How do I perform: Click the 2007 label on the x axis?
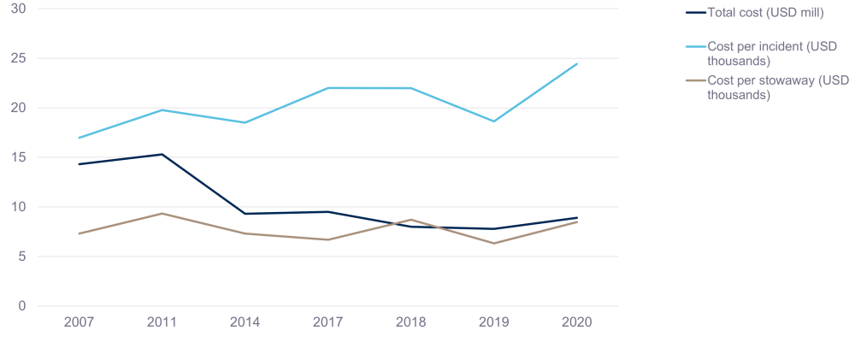coord(79,323)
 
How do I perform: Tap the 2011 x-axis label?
coord(162,323)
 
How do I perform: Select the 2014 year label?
coord(245,323)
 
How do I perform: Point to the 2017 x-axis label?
coord(327,323)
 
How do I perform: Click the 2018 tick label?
coord(410,323)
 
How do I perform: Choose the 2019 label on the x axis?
coord(493,323)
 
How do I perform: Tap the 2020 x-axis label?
coord(576,323)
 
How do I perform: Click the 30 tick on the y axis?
coord(19,9)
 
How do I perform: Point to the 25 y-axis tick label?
coord(19,58)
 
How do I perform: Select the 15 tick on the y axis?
coord(19,157)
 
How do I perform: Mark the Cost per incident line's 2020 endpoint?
coord(576,64)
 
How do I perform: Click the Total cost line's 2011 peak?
coord(162,155)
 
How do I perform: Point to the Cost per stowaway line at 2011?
coord(162,213)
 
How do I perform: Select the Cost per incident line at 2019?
coord(493,121)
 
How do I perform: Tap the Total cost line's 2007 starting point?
coord(79,164)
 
